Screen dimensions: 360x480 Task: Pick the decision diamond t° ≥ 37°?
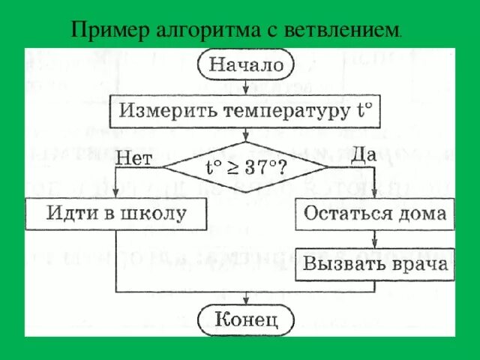245,166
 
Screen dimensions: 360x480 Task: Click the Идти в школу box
116,213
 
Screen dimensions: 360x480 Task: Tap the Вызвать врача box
373,264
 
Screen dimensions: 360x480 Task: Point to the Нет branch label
134,159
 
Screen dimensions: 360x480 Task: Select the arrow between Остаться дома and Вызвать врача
373,239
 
